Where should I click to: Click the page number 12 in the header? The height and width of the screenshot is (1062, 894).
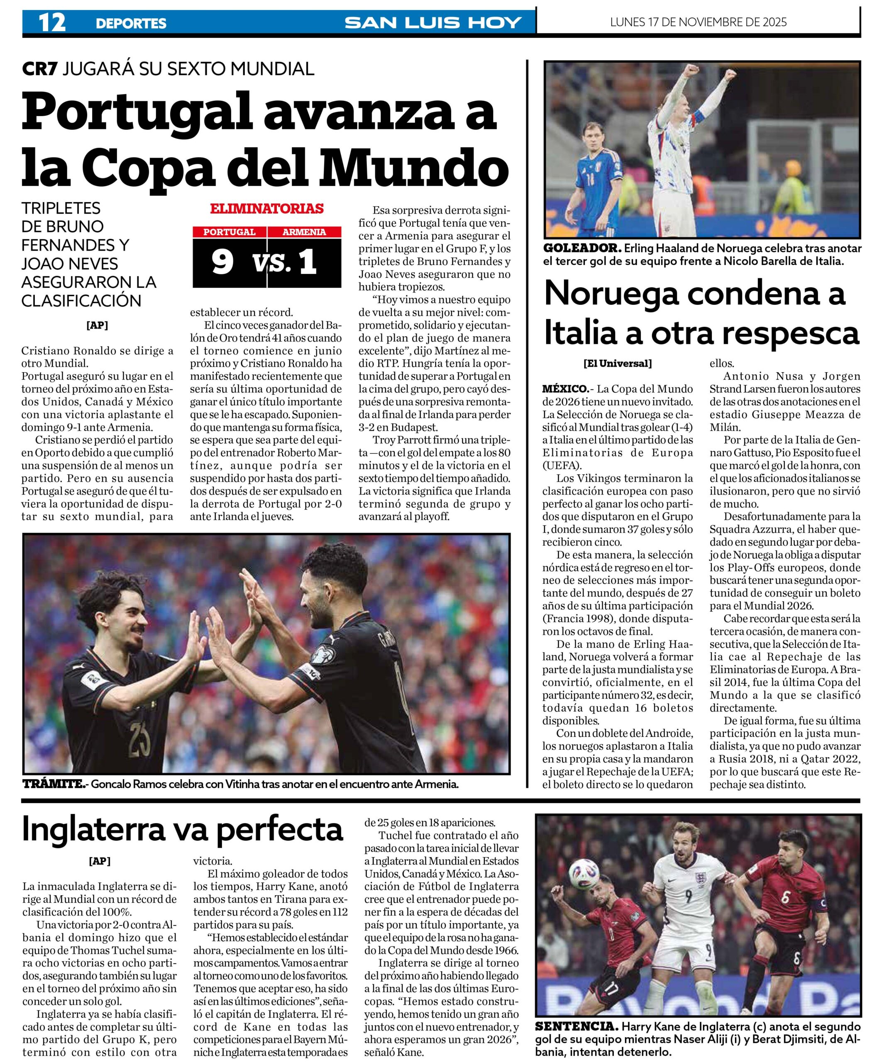(x=52, y=23)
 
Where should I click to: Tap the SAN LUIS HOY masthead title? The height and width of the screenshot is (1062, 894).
(x=433, y=23)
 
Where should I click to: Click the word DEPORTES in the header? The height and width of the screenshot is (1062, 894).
(x=131, y=23)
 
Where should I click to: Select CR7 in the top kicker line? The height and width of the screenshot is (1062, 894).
(x=39, y=69)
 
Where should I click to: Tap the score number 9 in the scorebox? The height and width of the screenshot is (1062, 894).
(x=222, y=262)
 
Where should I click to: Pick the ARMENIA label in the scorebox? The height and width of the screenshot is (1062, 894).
(x=304, y=232)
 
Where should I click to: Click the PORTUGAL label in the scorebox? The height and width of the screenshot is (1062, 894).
(x=229, y=232)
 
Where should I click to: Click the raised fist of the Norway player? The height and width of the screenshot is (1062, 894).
(x=729, y=75)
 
